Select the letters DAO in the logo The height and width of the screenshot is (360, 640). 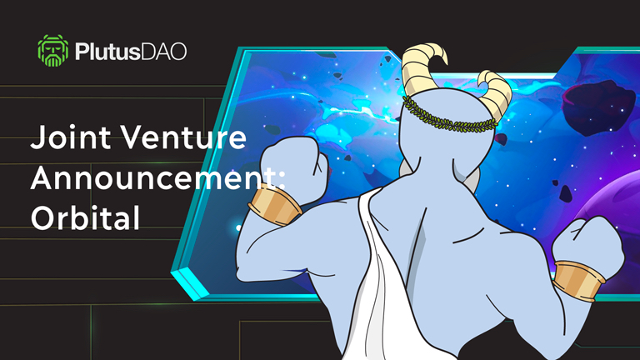tap(164, 52)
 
